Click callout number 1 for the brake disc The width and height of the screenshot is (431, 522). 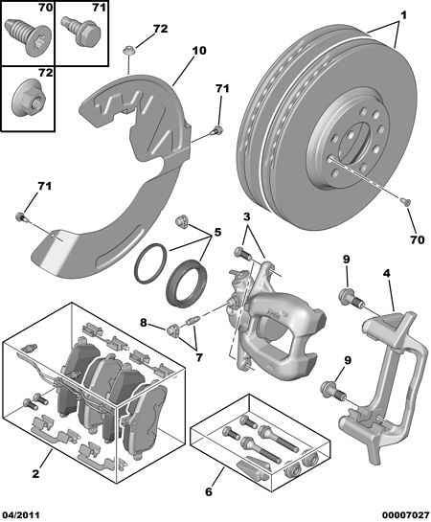pyautogui.click(x=403, y=16)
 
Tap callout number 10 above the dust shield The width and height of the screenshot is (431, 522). pyautogui.click(x=199, y=50)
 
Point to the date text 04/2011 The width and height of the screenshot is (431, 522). pyautogui.click(x=21, y=513)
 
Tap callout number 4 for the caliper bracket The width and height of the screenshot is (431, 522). pyautogui.click(x=386, y=273)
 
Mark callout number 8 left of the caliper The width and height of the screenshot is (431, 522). pyautogui.click(x=145, y=324)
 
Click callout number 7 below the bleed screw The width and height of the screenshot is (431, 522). pyautogui.click(x=199, y=357)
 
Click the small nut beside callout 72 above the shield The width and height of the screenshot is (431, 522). pyautogui.click(x=129, y=47)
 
